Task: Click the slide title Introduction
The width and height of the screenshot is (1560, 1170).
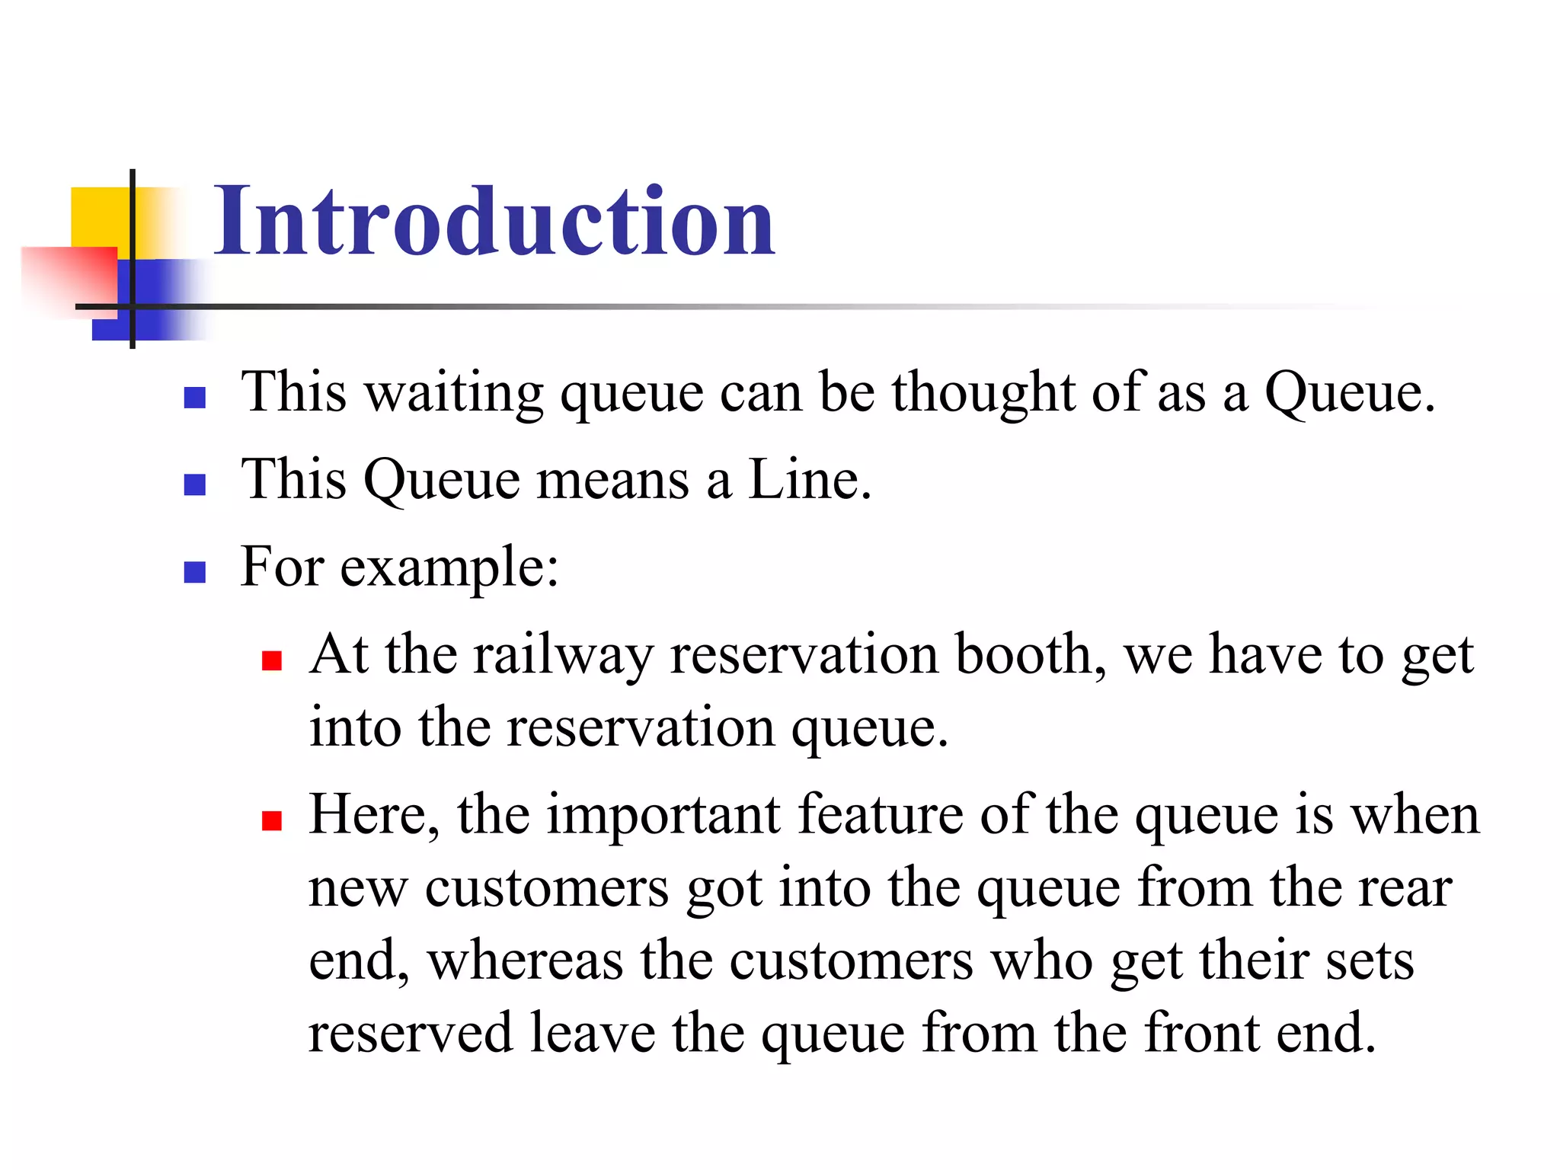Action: click(x=494, y=222)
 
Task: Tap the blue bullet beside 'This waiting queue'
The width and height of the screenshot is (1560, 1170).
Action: click(x=195, y=398)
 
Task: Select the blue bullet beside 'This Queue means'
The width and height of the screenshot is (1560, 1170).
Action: click(x=195, y=484)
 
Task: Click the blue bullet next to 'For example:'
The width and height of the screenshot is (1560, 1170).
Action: click(x=195, y=572)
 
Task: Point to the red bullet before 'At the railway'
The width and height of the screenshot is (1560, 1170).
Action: click(x=272, y=660)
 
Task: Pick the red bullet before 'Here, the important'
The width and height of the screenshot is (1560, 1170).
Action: click(x=272, y=820)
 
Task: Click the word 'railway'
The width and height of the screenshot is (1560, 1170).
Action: click(x=563, y=654)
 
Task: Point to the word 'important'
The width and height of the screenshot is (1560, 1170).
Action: click(x=663, y=815)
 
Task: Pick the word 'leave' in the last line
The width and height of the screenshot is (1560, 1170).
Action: click(x=592, y=1034)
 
